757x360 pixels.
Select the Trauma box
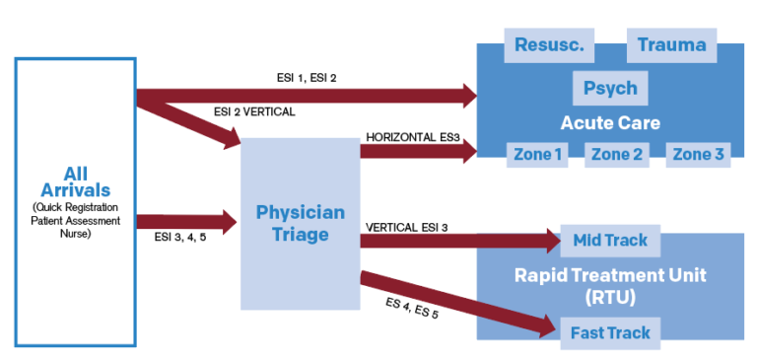[671, 44]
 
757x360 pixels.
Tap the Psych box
[610, 88]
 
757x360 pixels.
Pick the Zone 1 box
[538, 154]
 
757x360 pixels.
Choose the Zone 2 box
[617, 154]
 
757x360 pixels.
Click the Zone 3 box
[698, 154]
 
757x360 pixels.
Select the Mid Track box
[610, 241]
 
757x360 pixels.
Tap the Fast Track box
[610, 332]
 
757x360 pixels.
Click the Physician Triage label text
[301, 224]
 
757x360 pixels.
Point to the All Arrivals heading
[75, 181]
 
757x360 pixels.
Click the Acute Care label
[610, 123]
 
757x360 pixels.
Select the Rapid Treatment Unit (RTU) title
[610, 285]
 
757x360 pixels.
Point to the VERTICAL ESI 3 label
[406, 227]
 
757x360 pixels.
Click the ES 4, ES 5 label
[413, 308]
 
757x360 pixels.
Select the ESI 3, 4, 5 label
[182, 237]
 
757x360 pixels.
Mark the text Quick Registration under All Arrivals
[75, 207]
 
